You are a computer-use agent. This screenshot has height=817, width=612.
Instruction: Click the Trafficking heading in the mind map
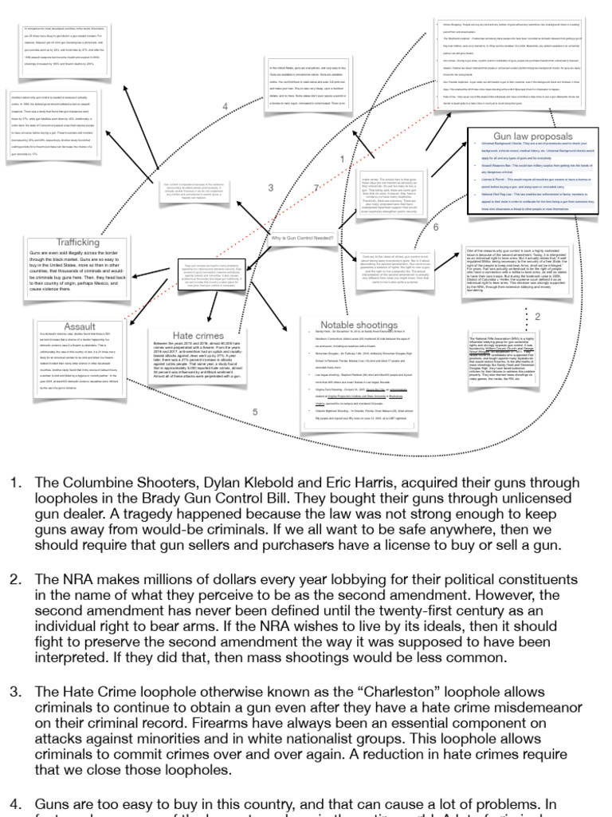(x=78, y=243)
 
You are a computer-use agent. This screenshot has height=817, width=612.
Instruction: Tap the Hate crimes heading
(x=198, y=336)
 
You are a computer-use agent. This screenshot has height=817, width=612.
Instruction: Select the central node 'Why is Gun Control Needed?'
(x=301, y=239)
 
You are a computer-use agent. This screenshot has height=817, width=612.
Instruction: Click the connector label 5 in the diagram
(x=255, y=412)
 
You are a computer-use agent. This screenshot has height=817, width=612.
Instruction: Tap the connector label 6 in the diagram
(x=436, y=227)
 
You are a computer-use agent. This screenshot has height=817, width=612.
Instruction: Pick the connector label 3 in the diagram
(x=270, y=188)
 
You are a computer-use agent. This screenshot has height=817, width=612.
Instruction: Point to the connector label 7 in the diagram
(x=316, y=188)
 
